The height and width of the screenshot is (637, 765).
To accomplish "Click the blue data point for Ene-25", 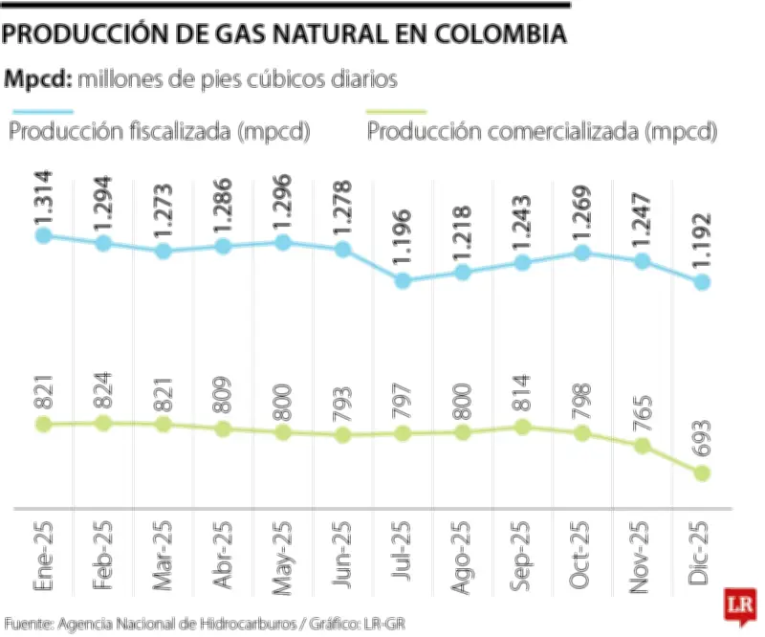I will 42,234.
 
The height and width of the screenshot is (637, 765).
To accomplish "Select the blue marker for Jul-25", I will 403,281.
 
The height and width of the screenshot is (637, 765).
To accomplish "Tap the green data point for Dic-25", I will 703,473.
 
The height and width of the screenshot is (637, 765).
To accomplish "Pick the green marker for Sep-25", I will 522,427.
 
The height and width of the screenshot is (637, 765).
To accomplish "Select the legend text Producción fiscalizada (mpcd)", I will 160,132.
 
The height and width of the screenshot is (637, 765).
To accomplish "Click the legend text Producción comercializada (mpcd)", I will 542,132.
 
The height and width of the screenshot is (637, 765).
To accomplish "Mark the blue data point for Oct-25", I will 582,253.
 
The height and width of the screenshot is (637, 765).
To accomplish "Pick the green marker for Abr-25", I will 223,429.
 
